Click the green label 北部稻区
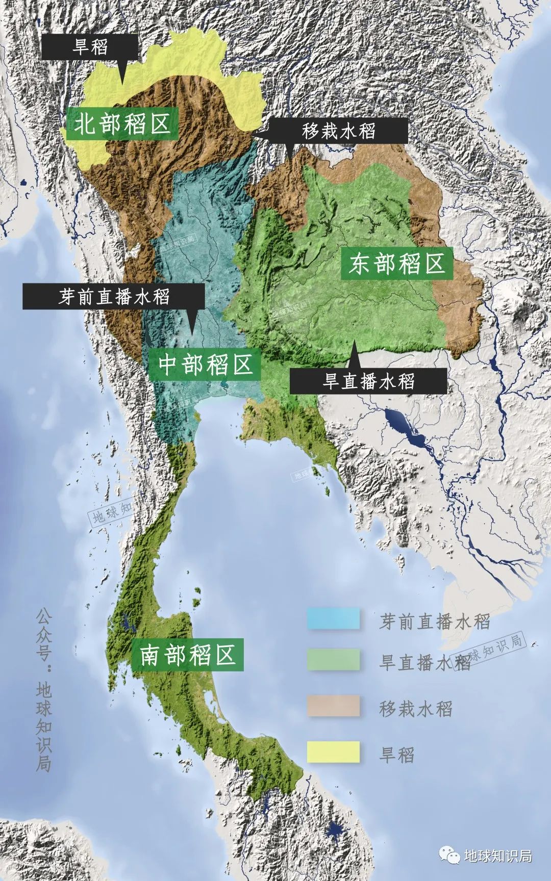tap(122, 123)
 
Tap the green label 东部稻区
tap(397, 264)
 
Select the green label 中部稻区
tap(206, 365)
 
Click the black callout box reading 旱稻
tap(90, 47)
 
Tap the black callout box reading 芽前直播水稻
tap(113, 296)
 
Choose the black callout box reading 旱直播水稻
tap(368, 380)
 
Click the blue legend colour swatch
tap(333, 618)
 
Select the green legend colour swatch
tap(333, 660)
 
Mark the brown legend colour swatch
tap(333, 706)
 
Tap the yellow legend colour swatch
tap(333, 752)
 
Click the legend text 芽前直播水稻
tap(434, 621)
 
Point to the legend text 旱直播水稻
tap(424, 662)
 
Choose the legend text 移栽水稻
tap(416, 709)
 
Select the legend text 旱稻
tap(397, 755)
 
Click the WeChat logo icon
tap(450, 855)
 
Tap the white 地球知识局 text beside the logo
tap(498, 856)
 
